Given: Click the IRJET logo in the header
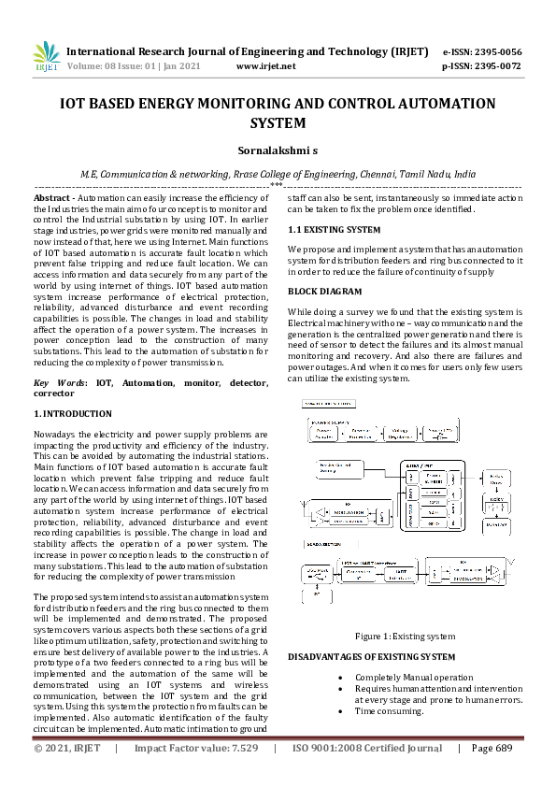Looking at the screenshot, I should point(46,57).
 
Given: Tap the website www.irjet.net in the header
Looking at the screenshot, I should point(266,66).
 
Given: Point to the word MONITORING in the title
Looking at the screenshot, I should point(241,104).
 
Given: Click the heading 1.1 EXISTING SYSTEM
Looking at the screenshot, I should point(334,229).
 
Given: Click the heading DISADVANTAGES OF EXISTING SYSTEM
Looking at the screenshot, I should point(371,657).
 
